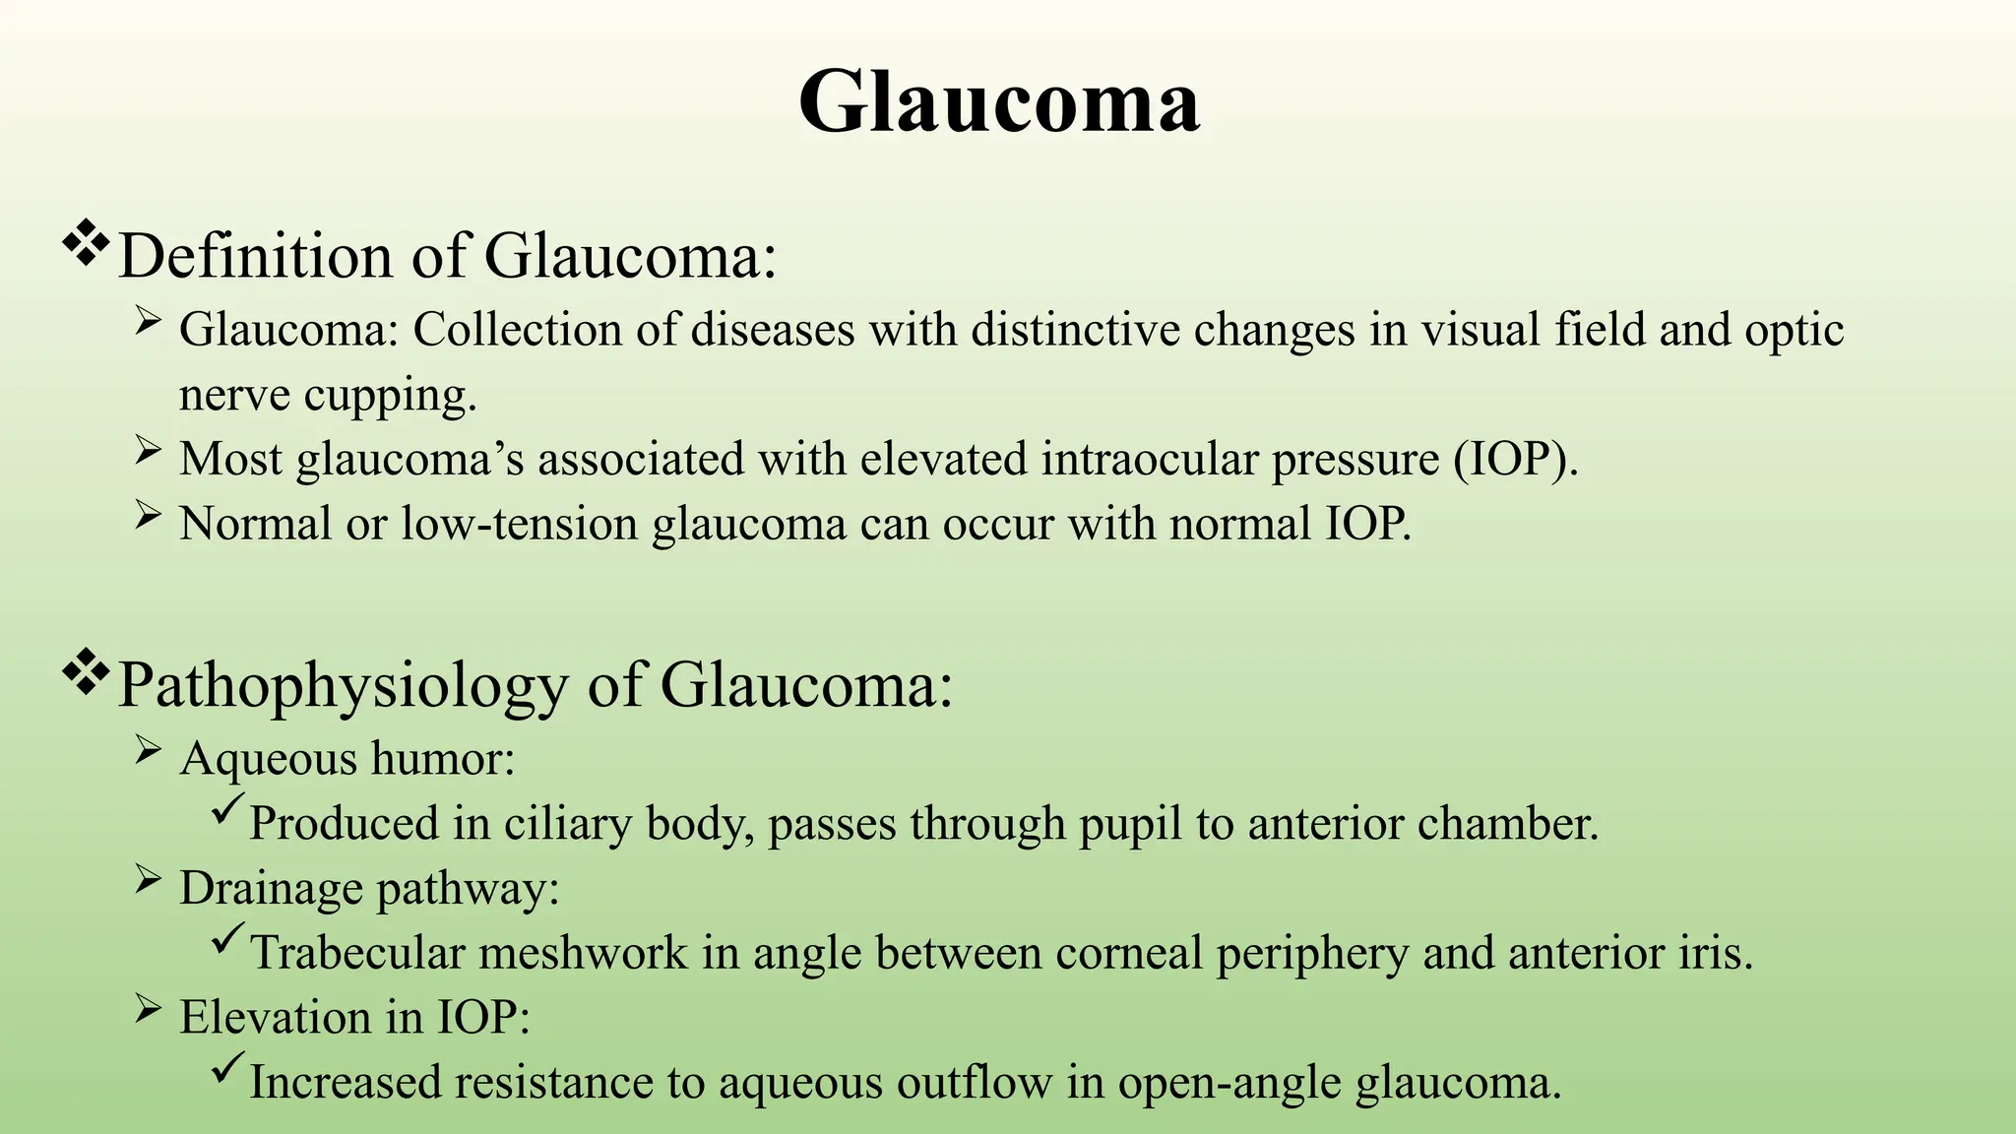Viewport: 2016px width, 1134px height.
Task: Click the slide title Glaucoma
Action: pos(998,102)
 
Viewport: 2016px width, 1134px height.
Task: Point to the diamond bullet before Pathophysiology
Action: pos(87,673)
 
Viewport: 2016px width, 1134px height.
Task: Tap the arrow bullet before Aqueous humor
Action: pos(148,752)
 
